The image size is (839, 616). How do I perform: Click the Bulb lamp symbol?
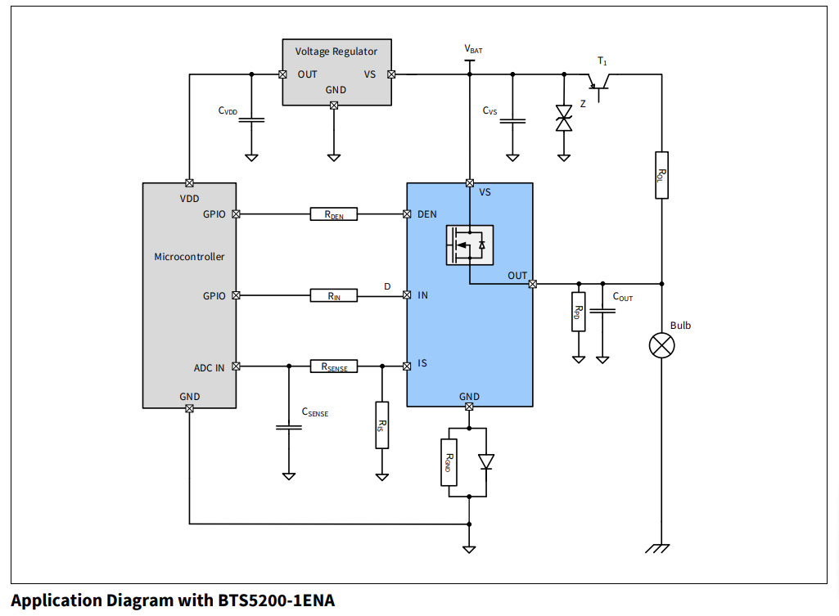pos(661,345)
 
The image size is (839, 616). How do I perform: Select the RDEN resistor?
pos(334,214)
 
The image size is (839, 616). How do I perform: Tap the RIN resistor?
pos(334,295)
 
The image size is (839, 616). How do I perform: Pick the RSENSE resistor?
pos(334,366)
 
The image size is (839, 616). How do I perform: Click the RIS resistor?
pos(381,425)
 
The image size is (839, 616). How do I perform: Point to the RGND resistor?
pos(449,462)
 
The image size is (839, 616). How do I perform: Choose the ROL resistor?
pos(661,175)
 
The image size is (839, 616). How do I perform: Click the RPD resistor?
pos(578,311)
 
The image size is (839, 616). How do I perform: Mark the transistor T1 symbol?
pos(602,82)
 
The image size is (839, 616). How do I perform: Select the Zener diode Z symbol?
pos(563,118)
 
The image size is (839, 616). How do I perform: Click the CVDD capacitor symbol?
pos(251,120)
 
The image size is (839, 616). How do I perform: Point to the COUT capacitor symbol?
pos(602,311)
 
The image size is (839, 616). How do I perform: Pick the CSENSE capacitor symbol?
pos(288,426)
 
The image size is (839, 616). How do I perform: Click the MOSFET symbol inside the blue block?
pos(470,245)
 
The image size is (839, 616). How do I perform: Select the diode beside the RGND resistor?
pos(486,462)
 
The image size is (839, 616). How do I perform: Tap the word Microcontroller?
pos(189,256)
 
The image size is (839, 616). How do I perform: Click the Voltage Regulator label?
pos(336,52)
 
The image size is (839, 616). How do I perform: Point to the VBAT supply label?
pos(473,50)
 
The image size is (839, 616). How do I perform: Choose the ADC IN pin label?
pos(209,367)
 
